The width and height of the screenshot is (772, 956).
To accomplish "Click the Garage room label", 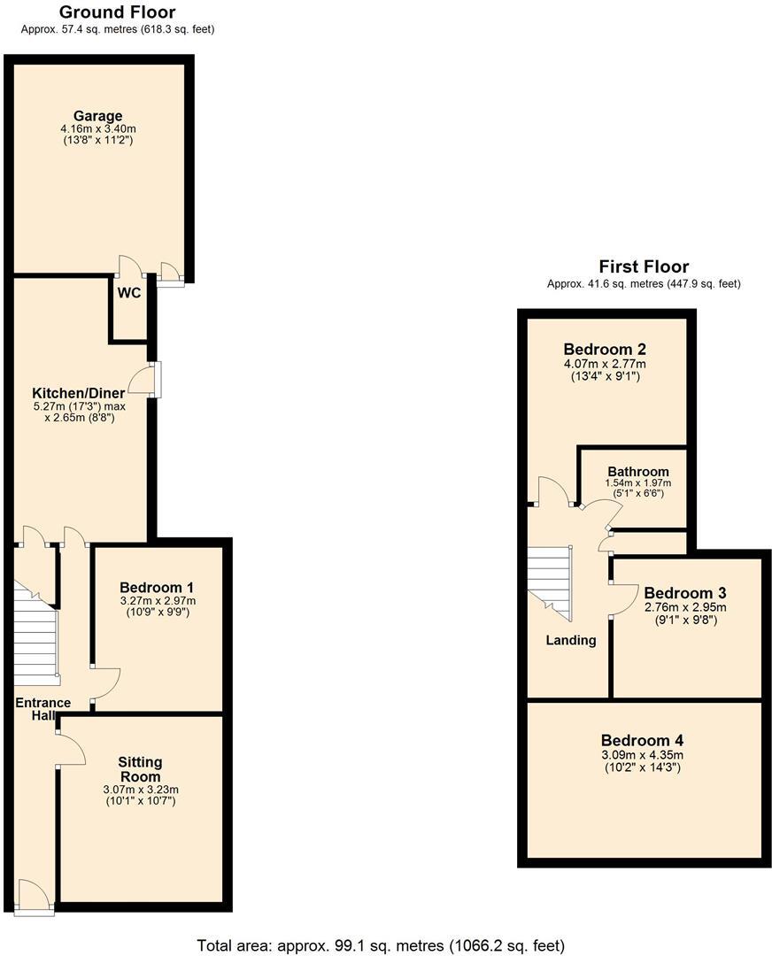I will [97, 116].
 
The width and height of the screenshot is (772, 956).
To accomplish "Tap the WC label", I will [128, 292].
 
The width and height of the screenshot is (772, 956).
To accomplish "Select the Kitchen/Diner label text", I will [78, 393].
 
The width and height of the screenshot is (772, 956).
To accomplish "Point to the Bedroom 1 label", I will [157, 588].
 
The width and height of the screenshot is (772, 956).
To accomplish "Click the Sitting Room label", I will [141, 768].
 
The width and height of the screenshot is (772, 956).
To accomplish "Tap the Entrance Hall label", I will [42, 708].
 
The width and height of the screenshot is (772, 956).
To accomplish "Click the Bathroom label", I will [637, 471].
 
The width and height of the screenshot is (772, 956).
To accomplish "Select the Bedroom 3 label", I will [684, 592].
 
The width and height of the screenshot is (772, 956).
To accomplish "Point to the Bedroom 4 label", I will [642, 740].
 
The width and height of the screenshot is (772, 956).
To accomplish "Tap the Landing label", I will [570, 640].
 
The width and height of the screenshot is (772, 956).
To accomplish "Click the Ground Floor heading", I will [117, 12].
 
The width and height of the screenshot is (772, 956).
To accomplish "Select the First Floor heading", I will [644, 266].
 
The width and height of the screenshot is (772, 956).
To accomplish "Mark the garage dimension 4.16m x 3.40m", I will [97, 129].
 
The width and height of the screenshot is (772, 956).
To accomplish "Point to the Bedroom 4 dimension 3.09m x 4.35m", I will [642, 755].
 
